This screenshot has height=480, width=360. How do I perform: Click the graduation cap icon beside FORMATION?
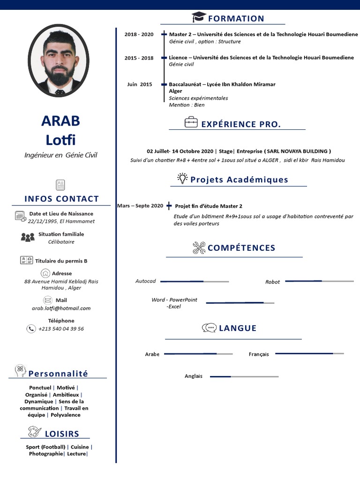(x=199, y=18)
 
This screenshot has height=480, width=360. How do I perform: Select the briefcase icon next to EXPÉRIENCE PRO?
(x=191, y=123)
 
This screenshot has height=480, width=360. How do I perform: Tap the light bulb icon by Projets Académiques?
(x=182, y=179)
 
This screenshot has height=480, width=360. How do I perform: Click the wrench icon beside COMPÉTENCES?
(x=199, y=248)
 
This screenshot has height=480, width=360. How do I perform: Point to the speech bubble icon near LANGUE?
(x=209, y=328)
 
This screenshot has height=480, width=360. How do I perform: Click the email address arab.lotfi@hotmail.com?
(x=61, y=308)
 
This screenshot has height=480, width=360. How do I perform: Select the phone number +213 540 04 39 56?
(x=61, y=329)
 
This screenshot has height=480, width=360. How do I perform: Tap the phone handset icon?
(x=31, y=329)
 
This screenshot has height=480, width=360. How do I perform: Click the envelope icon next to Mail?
(x=47, y=300)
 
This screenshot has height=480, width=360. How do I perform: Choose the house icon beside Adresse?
(x=45, y=273)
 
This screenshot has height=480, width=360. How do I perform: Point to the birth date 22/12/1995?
(x=43, y=221)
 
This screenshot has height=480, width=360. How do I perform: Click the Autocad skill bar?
(x=194, y=281)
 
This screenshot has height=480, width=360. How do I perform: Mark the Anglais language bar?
(x=244, y=376)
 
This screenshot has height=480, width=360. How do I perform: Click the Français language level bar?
(x=309, y=353)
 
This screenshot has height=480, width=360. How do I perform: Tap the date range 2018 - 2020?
(x=139, y=35)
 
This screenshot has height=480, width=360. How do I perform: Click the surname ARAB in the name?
(x=60, y=121)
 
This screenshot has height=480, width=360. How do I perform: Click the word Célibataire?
(x=61, y=242)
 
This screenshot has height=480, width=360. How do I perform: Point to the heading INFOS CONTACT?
(x=61, y=199)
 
